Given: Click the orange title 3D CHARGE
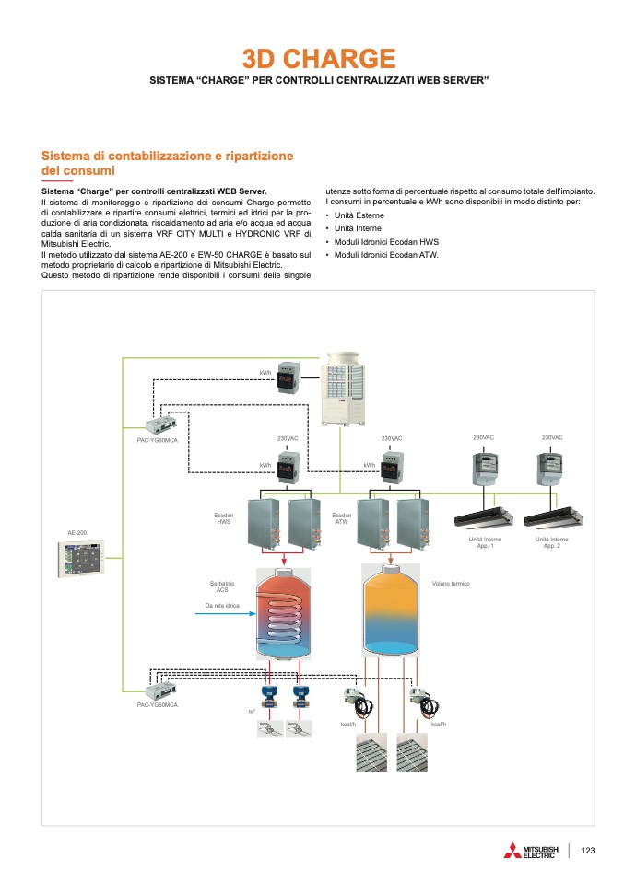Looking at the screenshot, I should click(x=319, y=60).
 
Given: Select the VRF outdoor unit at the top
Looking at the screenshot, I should click(x=345, y=387).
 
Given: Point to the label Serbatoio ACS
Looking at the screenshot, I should click(x=222, y=586).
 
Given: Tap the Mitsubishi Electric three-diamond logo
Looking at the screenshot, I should click(x=512, y=851).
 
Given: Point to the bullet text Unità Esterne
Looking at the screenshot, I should click(x=359, y=215).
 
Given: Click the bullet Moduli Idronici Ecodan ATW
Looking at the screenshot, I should click(x=386, y=254).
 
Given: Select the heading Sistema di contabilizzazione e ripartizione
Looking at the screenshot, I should click(x=168, y=157).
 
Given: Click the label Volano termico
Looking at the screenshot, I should click(x=451, y=583).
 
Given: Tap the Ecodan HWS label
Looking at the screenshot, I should click(x=224, y=519).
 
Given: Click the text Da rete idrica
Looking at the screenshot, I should click(x=221, y=606).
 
